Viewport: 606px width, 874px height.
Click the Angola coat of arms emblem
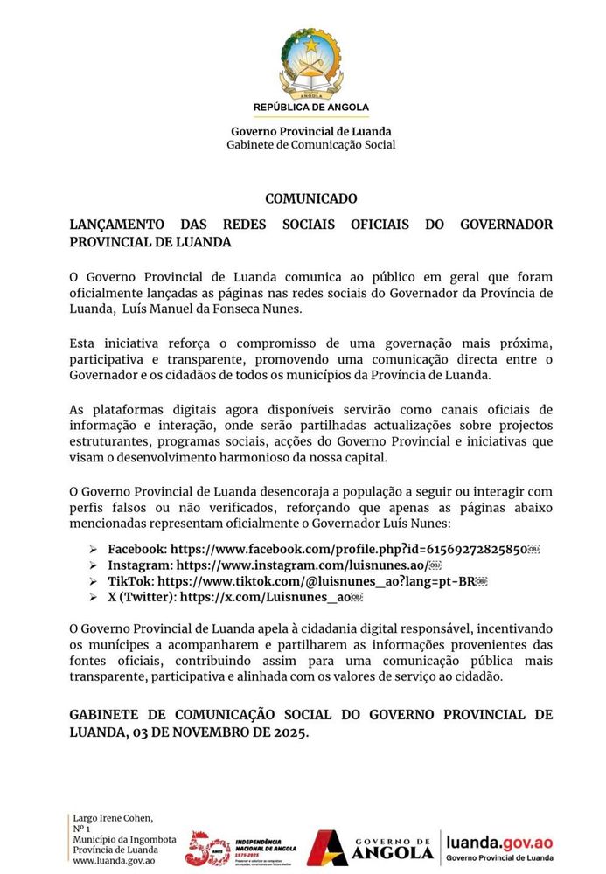coord(311,63)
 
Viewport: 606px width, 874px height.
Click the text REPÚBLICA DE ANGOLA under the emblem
coord(311,107)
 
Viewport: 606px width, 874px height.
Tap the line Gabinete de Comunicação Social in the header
coord(311,145)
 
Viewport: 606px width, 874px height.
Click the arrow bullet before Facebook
coord(93,550)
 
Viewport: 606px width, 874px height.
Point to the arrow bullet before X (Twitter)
coord(93,597)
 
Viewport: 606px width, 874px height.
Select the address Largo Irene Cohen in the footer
coord(113,818)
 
